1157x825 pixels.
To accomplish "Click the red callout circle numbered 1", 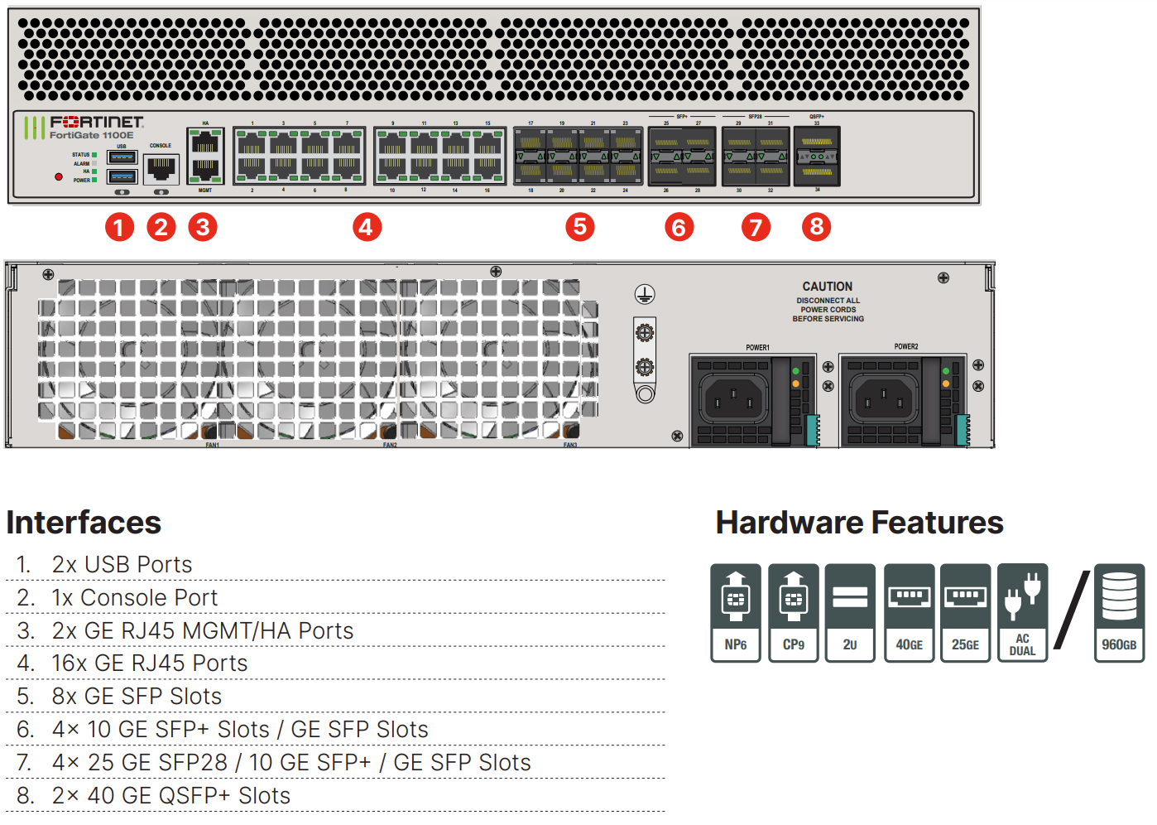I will (119, 227).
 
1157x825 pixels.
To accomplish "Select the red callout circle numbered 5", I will (580, 227).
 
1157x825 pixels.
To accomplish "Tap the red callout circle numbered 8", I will (816, 227).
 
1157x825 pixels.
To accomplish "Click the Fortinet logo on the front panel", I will (96, 122).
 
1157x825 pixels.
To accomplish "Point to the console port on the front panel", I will (161, 169).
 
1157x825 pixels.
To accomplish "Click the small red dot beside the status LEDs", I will (59, 176).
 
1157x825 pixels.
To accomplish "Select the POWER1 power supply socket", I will (731, 399).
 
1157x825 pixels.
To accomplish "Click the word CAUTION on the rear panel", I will (827, 287).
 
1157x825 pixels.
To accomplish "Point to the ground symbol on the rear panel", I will (645, 294).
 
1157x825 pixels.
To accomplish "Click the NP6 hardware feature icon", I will (736, 613).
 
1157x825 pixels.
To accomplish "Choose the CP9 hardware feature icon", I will (794, 613).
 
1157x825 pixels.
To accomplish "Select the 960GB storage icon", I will (1119, 613).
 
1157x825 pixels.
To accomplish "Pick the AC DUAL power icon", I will (1023, 613).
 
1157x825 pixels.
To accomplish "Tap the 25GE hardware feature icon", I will (965, 613).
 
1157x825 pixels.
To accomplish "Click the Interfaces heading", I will (84, 523).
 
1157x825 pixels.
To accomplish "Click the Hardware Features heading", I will (859, 523).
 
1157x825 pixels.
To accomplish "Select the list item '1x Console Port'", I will (134, 598).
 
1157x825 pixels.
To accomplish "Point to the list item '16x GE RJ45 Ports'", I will (149, 663).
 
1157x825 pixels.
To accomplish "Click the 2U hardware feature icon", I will (850, 613).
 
